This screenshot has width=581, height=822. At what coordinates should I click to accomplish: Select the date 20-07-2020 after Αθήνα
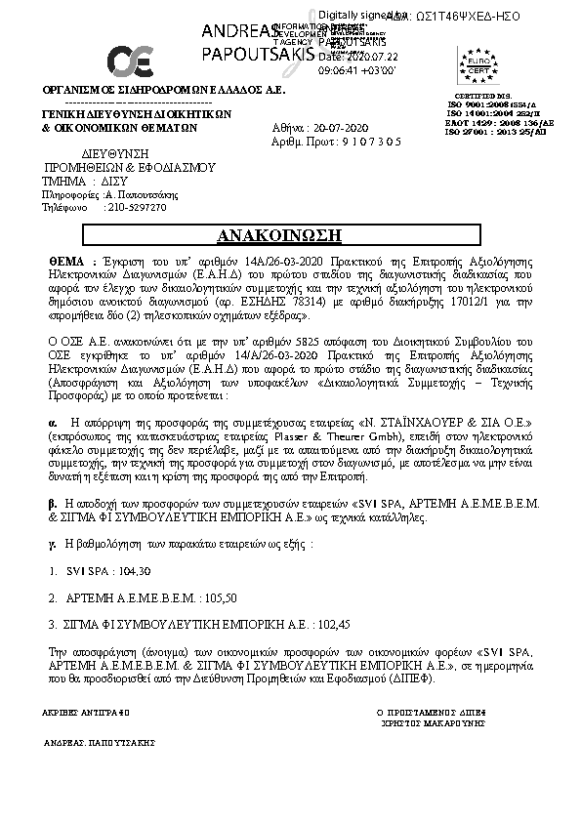(x=341, y=128)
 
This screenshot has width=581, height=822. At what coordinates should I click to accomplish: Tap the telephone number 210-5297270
(x=137, y=207)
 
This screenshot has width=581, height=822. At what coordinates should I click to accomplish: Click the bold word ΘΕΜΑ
(x=68, y=264)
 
